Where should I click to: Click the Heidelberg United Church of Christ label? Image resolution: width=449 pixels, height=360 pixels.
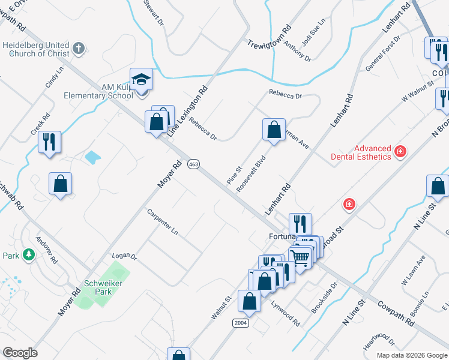pos(36,49)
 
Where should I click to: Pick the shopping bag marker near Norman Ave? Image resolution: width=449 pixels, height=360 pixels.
pos(274,130)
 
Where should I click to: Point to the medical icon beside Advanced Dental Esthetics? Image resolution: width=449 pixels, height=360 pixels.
pos(400,152)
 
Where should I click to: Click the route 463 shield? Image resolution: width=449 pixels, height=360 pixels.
pos(193,164)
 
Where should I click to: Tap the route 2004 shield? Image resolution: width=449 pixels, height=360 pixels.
pos(240,323)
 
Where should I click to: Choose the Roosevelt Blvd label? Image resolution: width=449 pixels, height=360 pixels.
pos(251,173)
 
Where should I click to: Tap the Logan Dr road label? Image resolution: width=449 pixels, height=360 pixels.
pos(125,256)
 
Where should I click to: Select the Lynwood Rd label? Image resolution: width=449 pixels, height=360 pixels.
pos(285,313)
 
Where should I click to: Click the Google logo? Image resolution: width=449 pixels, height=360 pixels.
pos(20,353)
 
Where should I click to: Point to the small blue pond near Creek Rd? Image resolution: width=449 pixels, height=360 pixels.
pos(93,158)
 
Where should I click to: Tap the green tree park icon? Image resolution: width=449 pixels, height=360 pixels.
pos(28,256)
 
